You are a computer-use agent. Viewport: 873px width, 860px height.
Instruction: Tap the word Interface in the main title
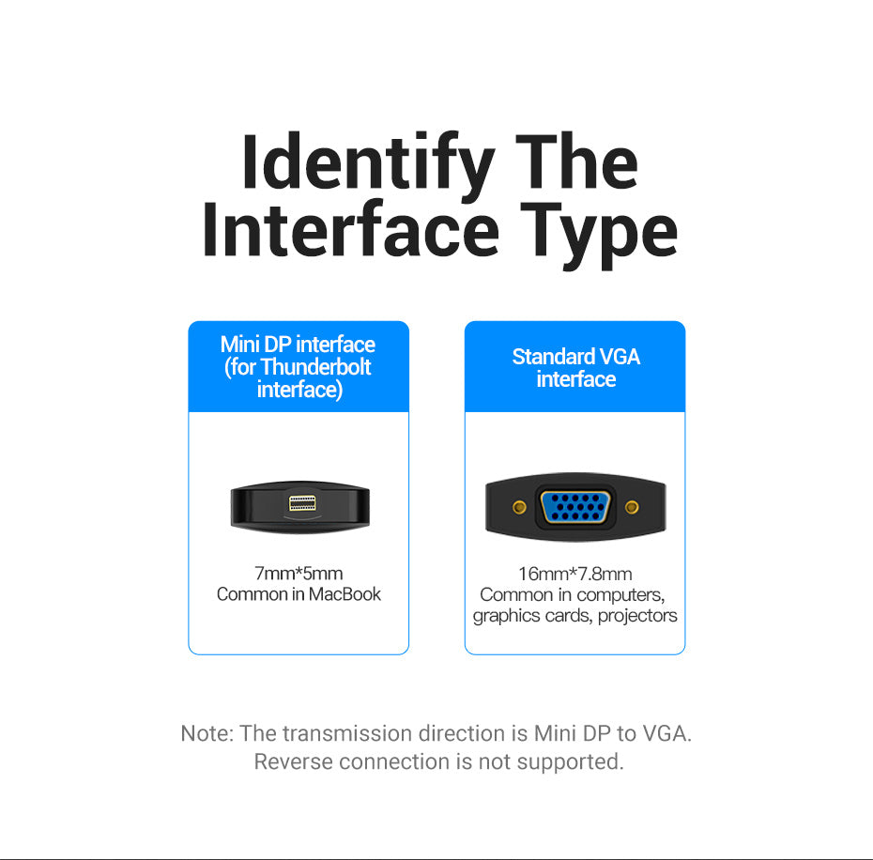[351, 230]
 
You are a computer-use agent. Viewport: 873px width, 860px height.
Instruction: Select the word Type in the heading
[599, 236]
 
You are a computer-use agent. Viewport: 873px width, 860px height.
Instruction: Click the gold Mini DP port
[302, 503]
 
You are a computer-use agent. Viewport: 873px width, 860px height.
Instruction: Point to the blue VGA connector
[575, 507]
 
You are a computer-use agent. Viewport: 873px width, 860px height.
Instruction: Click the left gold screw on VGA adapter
[519, 507]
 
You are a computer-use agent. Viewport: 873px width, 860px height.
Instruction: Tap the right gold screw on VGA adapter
[632, 507]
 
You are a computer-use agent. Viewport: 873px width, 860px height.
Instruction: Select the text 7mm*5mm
[299, 573]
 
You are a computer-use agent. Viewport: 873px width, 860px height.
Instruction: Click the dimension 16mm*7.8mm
[575, 574]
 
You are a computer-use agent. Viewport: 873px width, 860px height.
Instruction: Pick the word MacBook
[345, 594]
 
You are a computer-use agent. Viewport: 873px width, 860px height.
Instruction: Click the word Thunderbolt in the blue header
[315, 367]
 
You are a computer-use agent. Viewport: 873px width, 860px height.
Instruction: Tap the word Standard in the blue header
[554, 357]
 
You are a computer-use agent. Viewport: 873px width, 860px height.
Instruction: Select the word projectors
[637, 616]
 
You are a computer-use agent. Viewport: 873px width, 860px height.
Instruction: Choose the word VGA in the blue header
[620, 357]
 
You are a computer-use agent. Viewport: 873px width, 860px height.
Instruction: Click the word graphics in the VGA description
[507, 616]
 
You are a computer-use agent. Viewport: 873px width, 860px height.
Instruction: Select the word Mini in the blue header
[240, 345]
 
